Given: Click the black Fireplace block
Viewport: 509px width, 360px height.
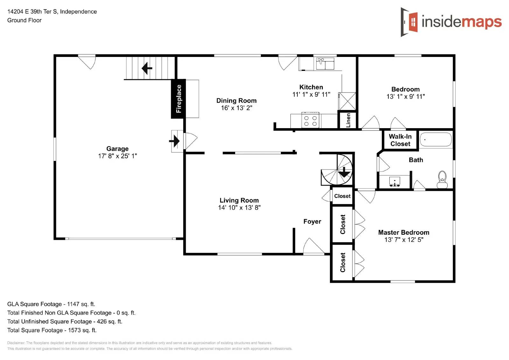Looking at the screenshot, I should click(178, 99).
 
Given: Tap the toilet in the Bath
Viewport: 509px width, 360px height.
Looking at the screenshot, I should click(442, 180).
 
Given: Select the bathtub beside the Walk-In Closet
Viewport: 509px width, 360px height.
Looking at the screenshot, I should click(436, 140).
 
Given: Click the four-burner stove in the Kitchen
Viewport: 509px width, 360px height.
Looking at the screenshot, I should click(310, 121).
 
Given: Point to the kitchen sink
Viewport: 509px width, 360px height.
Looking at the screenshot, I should click(325, 63).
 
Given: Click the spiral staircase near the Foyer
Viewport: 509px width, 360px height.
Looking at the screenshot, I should click(337, 170).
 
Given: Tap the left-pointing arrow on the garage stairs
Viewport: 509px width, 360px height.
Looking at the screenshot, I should click(147, 68).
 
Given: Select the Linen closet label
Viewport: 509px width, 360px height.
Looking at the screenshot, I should click(348, 120).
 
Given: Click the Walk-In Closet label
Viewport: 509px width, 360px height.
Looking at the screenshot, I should click(400, 140).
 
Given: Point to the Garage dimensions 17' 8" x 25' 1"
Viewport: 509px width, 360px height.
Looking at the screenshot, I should click(117, 156).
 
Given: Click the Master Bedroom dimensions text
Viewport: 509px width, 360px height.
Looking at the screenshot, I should click(404, 240).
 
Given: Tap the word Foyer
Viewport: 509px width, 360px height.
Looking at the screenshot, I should click(312, 221).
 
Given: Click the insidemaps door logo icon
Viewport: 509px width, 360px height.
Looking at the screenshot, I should click(410, 22).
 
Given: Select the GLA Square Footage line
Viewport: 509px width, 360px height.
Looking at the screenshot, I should click(51, 304).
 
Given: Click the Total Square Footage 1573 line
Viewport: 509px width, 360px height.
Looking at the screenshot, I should click(52, 330).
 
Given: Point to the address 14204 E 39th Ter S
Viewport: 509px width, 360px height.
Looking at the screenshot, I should click(52, 11).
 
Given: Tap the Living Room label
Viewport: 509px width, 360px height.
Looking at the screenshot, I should click(239, 200).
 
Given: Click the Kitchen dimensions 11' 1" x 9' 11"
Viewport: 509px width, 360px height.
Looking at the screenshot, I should click(311, 94).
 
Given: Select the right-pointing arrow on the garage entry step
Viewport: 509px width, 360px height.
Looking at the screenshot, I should click(175, 141).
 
